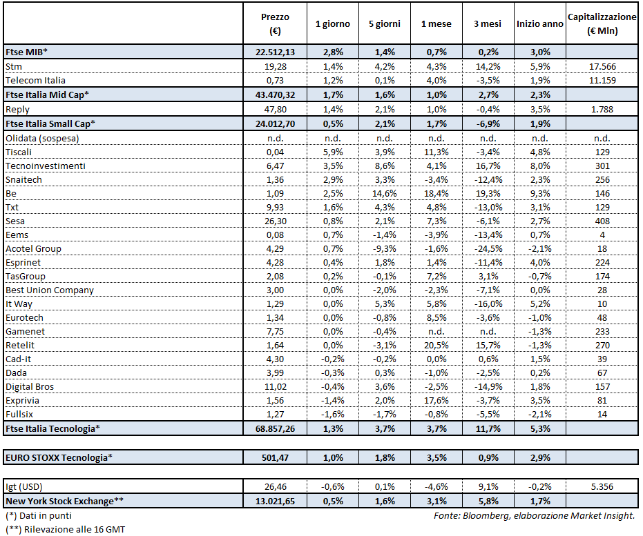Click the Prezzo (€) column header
[276, 23]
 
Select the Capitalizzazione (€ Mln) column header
[601, 23]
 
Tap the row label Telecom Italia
[36, 80]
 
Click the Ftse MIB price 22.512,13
[276, 52]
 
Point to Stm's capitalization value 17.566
[601, 66]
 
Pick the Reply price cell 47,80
[276, 109]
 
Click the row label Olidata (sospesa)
[42, 138]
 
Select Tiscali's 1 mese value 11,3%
[436, 152]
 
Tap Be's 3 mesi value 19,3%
[488, 193]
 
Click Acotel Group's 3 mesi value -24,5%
[488, 248]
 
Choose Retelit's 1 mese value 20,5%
[436, 345]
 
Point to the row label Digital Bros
[30, 386]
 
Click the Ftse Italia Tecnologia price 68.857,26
[276, 428]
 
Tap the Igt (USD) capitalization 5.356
[601, 486]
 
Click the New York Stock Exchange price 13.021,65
[276, 500]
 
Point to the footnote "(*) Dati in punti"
[39, 515]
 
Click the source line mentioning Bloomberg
[534, 515]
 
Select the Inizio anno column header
[540, 23]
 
